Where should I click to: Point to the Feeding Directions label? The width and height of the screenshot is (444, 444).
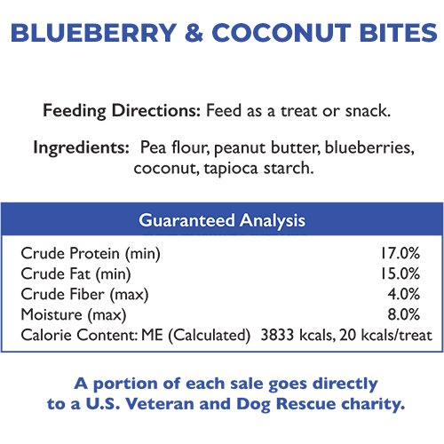click(x=122, y=112)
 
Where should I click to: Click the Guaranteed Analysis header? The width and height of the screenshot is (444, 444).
click(x=222, y=219)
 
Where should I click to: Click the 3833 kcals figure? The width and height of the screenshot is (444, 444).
click(x=296, y=335)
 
